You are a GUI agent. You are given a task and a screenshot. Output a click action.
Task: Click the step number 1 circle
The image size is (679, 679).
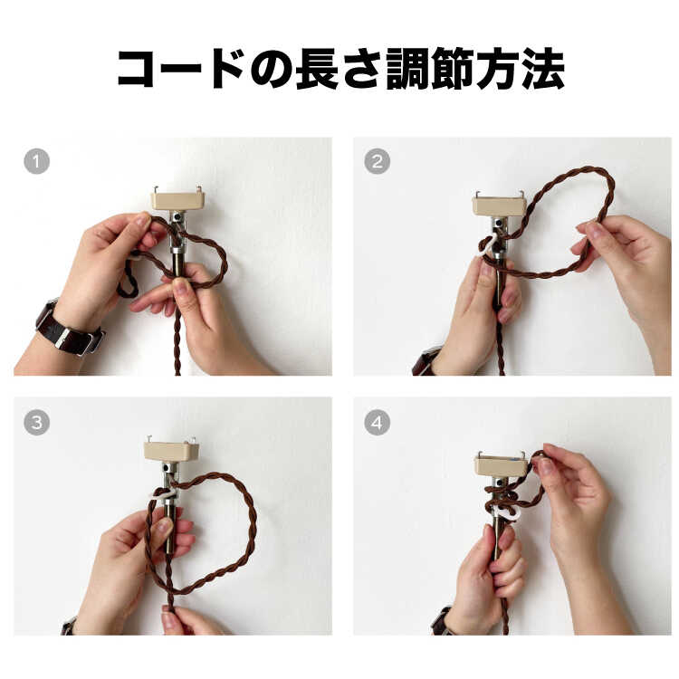pyautogui.click(x=37, y=161)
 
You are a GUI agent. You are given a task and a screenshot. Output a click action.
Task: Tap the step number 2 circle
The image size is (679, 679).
pyautogui.click(x=377, y=161)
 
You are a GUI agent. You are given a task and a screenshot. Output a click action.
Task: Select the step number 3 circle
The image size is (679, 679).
pyautogui.click(x=37, y=422)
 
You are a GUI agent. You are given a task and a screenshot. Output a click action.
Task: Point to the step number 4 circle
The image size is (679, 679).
pyautogui.click(x=377, y=422)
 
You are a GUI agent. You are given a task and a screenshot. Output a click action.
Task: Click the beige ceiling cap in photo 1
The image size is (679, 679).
pyautogui.click(x=177, y=201)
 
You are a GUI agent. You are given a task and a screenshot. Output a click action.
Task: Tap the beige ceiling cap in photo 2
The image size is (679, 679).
pyautogui.click(x=499, y=206)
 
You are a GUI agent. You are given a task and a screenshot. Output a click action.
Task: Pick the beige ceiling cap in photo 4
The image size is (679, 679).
pyautogui.click(x=502, y=466)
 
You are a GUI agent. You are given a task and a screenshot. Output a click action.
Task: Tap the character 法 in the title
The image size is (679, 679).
pyautogui.click(x=543, y=70)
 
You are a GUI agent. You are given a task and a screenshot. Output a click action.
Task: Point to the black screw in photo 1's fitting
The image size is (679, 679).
pyautogui.click(x=177, y=216)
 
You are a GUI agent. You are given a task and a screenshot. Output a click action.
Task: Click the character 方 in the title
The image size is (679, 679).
pyautogui.click(x=498, y=70)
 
